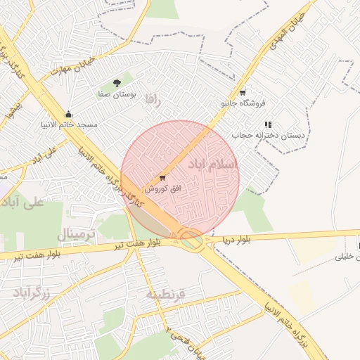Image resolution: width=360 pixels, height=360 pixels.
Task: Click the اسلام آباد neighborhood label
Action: pyautogui.click(x=213, y=164)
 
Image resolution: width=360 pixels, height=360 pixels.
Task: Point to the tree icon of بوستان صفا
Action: pyautogui.click(x=117, y=83)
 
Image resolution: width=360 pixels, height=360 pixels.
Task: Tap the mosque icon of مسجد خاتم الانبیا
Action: pyautogui.click(x=68, y=114)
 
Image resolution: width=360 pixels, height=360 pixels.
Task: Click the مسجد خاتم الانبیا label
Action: pyautogui.click(x=68, y=125)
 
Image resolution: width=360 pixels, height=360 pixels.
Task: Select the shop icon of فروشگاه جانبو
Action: pyautogui.click(x=243, y=92)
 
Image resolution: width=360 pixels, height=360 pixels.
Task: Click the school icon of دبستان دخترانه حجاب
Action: pyautogui.click(x=268, y=124)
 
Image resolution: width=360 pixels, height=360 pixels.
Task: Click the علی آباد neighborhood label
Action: pyautogui.click(x=22, y=202)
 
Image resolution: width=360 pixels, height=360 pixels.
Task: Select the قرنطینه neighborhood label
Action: pyautogui.click(x=165, y=295)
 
